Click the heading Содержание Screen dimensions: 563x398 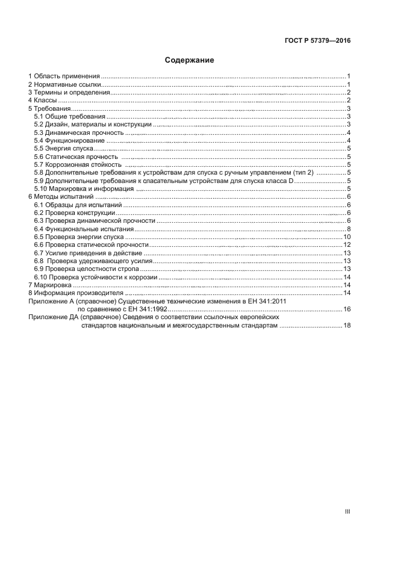[190, 60]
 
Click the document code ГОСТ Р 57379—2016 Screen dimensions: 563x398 [317, 41]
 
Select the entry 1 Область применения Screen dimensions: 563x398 [64, 76]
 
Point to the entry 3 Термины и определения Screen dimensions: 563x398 [69, 93]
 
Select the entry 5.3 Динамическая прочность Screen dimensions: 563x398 [79, 132]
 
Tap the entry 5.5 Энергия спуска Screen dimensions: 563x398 [64, 148]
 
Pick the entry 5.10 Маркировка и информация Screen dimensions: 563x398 [84, 188]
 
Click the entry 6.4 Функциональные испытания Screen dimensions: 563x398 [84, 229]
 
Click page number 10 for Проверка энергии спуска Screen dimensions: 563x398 [347, 237]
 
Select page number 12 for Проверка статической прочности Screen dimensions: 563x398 [347, 245]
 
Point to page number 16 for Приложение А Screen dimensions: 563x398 [347, 309]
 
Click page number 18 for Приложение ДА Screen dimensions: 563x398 [347, 325]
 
